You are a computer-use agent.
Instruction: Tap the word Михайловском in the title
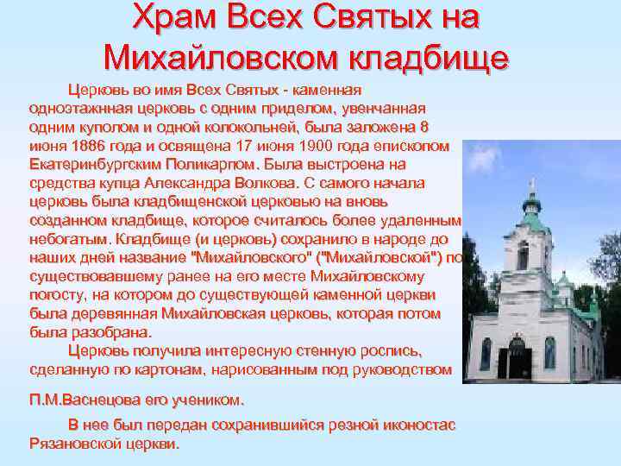tap(219, 56)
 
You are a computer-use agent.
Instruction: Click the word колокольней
tap(215, 128)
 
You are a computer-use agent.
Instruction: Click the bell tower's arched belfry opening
tap(523, 255)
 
